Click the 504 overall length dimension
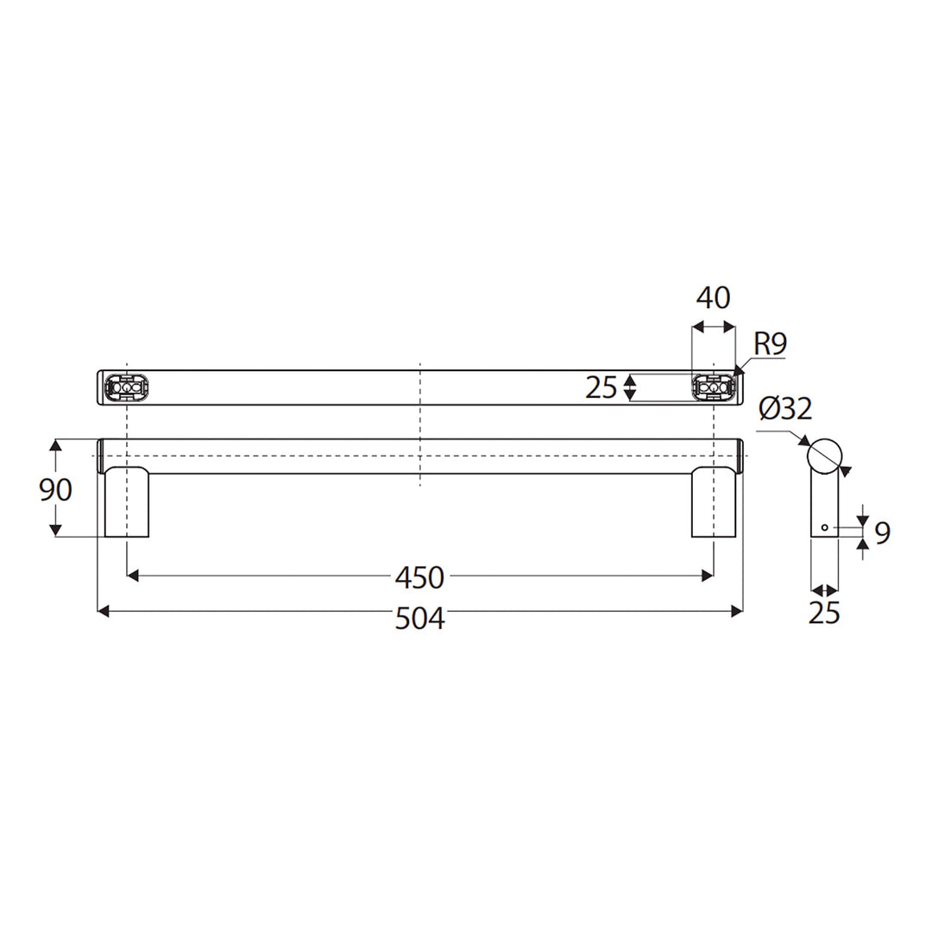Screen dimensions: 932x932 pos(419,617)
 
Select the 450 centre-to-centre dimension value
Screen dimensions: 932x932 pos(419,576)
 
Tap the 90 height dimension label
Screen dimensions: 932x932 pos(55,489)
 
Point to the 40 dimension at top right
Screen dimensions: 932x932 pos(713,298)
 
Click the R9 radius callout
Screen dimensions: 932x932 pos(770,345)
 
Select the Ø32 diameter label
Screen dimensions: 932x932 pos(785,408)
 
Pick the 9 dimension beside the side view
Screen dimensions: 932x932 pos(881,533)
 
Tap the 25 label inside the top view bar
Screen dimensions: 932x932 pos(601,387)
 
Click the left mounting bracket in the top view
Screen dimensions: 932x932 pos(127,387)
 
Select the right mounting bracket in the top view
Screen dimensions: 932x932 pos(714,387)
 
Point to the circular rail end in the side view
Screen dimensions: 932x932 pos(824,454)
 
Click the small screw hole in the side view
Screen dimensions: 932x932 pos(825,526)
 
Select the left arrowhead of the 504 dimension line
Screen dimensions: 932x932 pos(103,611)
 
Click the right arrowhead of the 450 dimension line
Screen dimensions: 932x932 pos(708,573)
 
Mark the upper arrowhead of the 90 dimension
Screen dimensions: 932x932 pos(56,445)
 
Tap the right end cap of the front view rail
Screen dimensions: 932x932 pos(740,456)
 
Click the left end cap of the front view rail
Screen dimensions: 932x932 pos(100,456)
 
